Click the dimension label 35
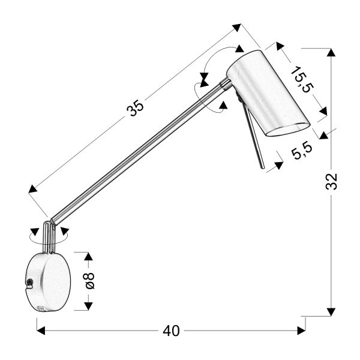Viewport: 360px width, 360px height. [136, 107]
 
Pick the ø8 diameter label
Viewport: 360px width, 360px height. [90, 281]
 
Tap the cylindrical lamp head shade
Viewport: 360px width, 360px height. [267, 93]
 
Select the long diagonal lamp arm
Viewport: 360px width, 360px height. [138, 153]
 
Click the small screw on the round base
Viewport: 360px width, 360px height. [29, 281]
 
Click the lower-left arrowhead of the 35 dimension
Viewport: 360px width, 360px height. [33, 190]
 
